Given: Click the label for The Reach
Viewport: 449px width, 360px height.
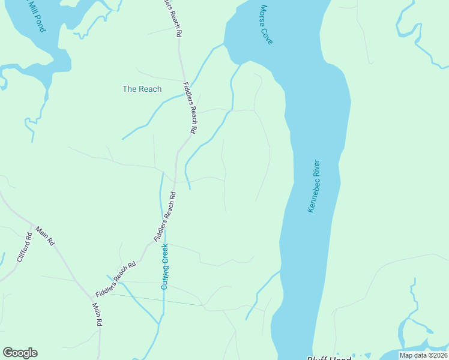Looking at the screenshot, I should click(x=142, y=89).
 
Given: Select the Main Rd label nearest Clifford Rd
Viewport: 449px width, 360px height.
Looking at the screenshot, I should click(x=46, y=236).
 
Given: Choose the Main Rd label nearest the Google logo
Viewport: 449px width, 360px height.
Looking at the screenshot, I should click(x=97, y=314).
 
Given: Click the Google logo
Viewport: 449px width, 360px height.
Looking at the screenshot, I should click(x=20, y=353).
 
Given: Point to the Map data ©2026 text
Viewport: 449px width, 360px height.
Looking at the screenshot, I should click(x=423, y=355).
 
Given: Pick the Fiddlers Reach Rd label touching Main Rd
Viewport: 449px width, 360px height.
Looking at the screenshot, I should click(x=116, y=280).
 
